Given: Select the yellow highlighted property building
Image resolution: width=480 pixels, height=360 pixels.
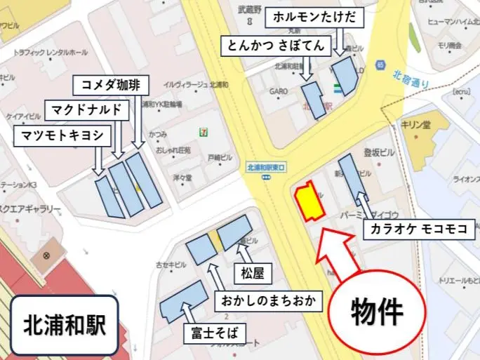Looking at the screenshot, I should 309,201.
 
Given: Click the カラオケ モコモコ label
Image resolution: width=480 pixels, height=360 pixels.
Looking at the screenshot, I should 420,229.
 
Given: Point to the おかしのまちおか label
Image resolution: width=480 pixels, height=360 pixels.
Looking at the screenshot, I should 267,302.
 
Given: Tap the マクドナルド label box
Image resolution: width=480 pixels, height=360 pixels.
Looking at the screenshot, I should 88,109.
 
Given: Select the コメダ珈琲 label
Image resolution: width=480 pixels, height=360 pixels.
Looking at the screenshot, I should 111,85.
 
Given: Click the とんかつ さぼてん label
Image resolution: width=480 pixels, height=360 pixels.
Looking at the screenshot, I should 275,47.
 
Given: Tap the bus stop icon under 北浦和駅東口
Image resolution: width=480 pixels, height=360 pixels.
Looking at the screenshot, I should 267,178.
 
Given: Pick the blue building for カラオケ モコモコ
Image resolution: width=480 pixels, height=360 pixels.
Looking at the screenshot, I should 356,180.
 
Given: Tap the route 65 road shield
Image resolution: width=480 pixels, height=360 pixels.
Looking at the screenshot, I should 380,65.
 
